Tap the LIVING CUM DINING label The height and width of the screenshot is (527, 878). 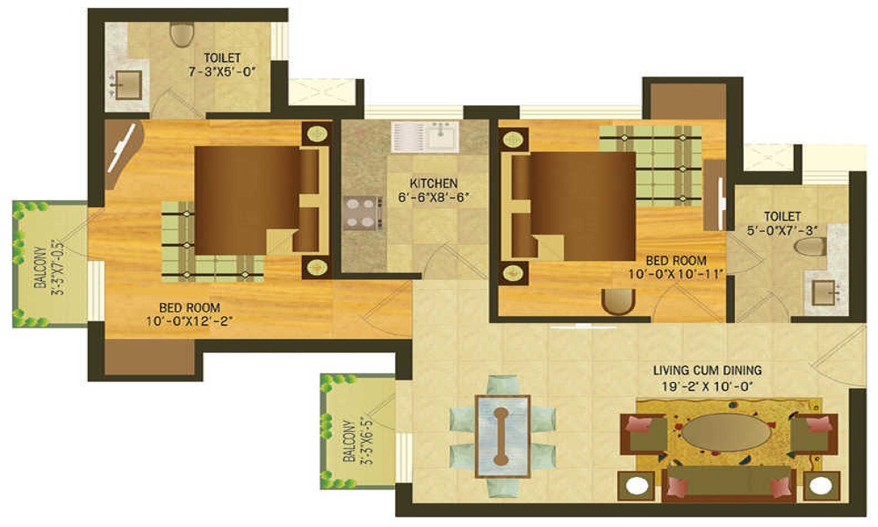707,369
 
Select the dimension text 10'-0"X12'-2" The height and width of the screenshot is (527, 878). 190,321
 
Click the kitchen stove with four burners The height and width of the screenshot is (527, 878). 363,212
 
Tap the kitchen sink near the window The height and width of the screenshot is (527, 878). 425,136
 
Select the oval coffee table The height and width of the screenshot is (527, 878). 728,432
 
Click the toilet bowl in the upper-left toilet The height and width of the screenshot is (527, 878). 182,33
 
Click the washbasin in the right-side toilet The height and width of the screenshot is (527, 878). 823,292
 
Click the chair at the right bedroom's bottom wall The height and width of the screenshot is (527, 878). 618,301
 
